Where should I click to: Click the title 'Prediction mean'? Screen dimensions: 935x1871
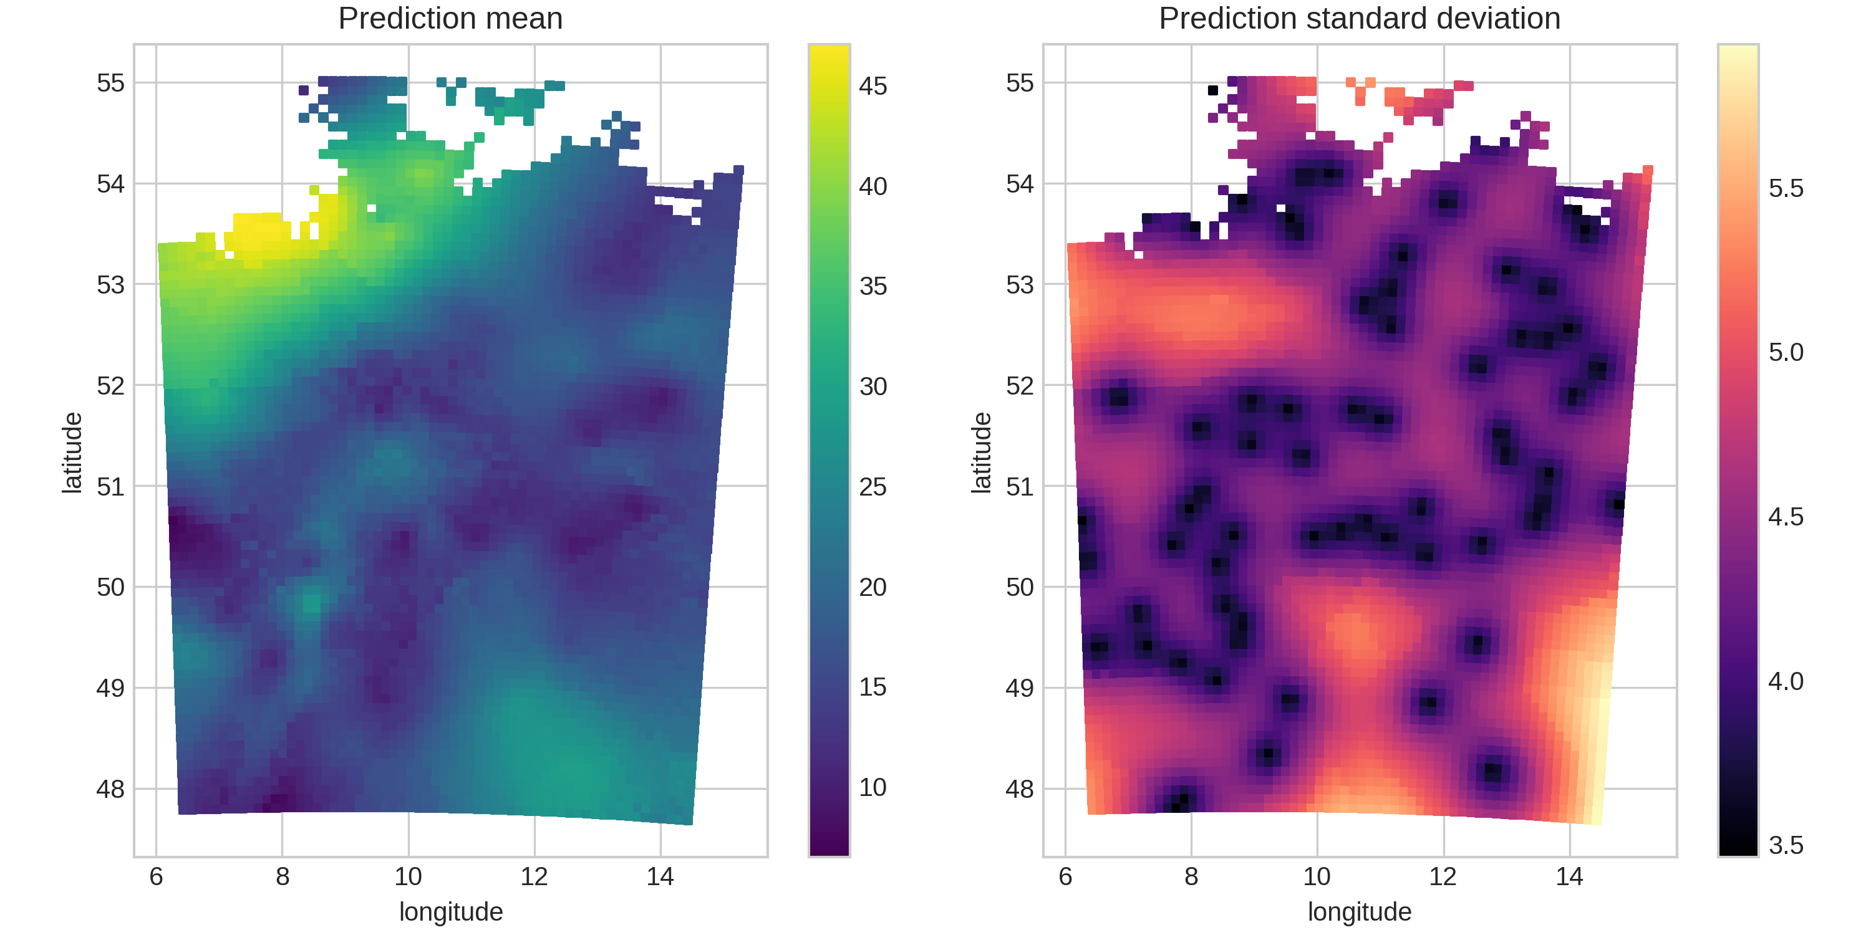(x=450, y=18)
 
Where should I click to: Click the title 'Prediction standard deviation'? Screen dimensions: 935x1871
(x=1359, y=18)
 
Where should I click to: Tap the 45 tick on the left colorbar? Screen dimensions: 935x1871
(x=873, y=85)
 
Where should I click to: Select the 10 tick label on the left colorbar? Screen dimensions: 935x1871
(x=873, y=787)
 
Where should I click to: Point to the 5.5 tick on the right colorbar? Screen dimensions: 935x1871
(x=1786, y=188)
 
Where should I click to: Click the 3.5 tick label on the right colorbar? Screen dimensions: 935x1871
(x=1786, y=845)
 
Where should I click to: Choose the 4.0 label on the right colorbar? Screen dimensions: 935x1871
(x=1786, y=681)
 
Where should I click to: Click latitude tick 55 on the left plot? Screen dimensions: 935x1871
(x=110, y=83)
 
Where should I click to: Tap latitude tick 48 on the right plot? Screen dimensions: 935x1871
(x=1019, y=789)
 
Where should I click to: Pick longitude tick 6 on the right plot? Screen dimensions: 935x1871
(x=1065, y=876)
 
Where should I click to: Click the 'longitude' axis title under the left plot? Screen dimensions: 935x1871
(x=450, y=912)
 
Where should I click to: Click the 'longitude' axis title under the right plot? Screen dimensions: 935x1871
(x=1359, y=912)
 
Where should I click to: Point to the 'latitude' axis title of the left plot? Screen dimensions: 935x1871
(x=72, y=453)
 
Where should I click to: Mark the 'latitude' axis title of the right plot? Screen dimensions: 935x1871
(x=981, y=453)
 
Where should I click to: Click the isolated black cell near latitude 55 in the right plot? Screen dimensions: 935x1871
(x=1212, y=90)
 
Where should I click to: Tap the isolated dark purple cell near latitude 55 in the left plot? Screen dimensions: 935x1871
(x=304, y=90)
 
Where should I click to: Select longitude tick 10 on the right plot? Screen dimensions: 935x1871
(x=1316, y=876)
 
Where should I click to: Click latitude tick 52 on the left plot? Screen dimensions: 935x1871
(x=110, y=385)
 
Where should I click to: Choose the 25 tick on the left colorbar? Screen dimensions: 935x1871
(x=873, y=486)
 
